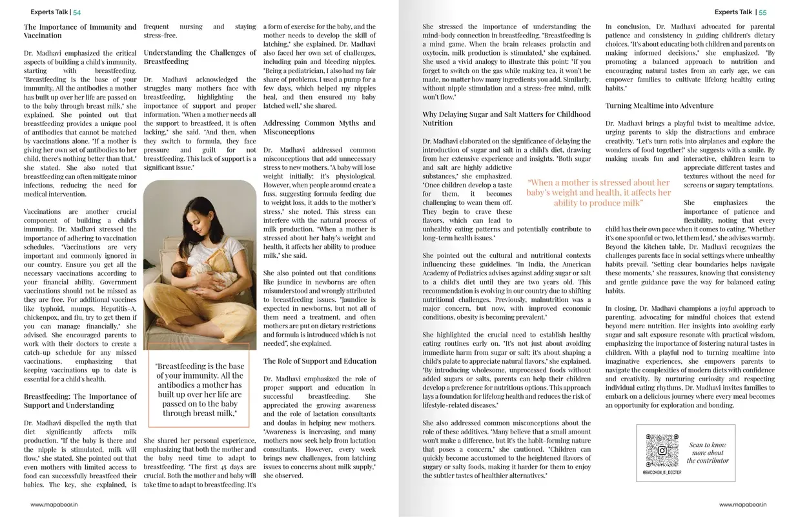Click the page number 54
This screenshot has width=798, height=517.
[77, 12]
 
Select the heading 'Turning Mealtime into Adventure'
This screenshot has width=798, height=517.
[659, 105]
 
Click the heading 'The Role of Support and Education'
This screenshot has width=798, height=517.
[320, 361]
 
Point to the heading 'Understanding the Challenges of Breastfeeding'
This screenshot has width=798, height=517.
[200, 57]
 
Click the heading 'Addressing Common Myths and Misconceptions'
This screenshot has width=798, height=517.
[320, 127]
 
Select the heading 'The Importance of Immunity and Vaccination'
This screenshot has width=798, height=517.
[80, 31]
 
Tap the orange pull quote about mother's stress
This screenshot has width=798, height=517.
[598, 193]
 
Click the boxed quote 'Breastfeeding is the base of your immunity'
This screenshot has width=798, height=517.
[200, 389]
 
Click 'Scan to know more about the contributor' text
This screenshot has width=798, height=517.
[708, 452]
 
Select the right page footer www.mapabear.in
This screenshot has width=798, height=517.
[742, 505]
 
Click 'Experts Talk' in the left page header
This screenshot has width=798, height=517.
[50, 12]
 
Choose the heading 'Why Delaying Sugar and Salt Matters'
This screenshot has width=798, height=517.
[506, 118]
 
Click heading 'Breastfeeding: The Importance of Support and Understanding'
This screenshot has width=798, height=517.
[80, 401]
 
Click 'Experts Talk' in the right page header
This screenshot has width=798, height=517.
[733, 12]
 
